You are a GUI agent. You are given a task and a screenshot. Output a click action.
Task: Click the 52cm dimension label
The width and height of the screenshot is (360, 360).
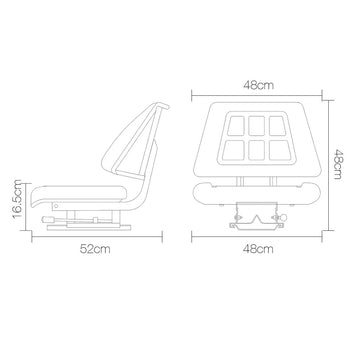[x=95, y=249]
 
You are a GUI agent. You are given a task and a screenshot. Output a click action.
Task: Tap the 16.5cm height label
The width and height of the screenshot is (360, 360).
[x=17, y=199]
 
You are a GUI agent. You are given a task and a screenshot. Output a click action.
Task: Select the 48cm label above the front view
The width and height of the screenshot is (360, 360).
[x=258, y=85]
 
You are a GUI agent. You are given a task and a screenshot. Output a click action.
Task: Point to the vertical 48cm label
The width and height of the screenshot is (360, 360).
[x=337, y=164]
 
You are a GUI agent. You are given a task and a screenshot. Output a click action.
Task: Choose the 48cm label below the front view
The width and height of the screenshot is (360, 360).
[x=258, y=249]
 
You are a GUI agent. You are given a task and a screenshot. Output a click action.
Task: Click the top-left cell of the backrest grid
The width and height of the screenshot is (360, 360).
[x=236, y=126]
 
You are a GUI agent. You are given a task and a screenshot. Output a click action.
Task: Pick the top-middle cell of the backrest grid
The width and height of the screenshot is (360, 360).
[x=257, y=126]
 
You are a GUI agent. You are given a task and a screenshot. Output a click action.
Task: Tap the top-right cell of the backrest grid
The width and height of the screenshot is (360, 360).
[x=277, y=126]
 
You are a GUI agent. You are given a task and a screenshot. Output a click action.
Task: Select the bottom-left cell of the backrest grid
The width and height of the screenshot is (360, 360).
[x=233, y=150]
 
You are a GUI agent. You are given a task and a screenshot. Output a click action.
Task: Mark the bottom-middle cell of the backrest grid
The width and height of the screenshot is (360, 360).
[x=257, y=150]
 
